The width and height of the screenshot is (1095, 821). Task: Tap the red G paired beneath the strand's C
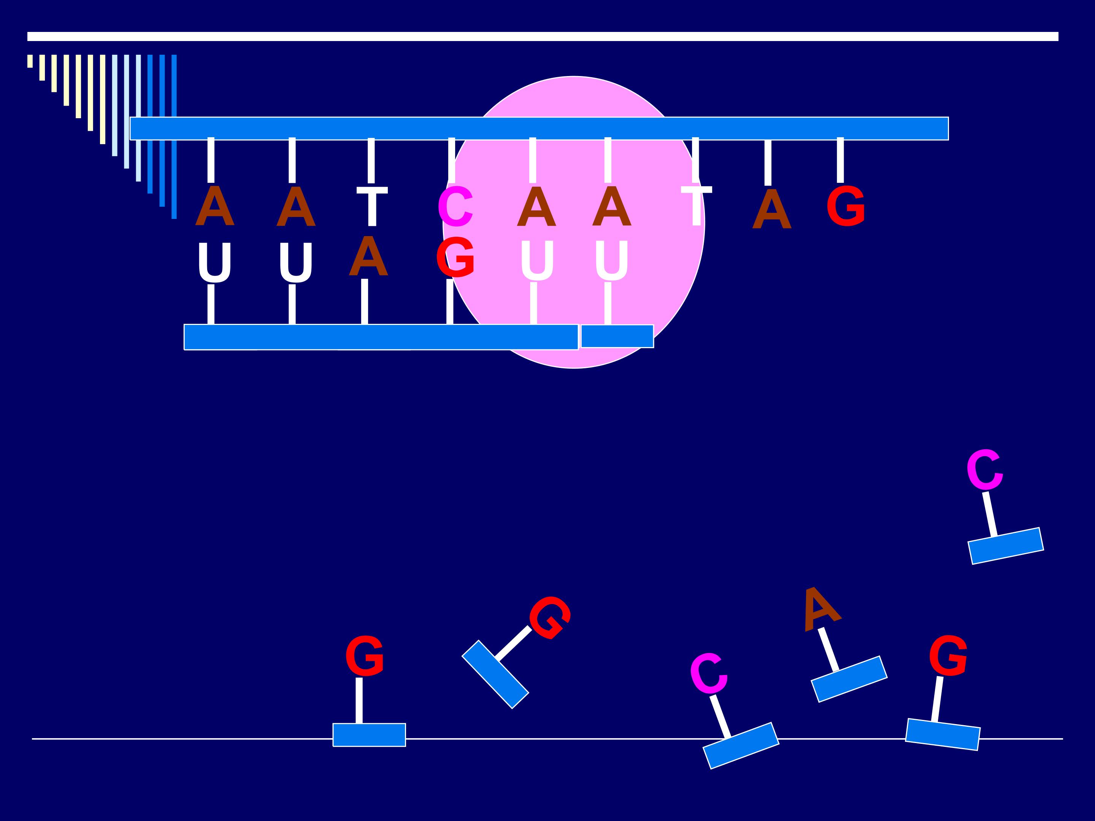tap(455, 257)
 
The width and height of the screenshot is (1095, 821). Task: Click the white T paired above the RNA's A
tap(372, 206)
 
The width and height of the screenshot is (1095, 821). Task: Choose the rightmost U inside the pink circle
tap(612, 261)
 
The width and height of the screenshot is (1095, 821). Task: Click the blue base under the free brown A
tap(849, 679)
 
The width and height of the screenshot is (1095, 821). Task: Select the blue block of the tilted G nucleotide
tap(495, 674)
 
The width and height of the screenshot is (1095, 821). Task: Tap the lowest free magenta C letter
tap(709, 673)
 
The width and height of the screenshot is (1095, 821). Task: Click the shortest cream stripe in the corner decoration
tap(30, 61)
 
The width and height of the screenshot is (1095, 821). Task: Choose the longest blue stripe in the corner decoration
tap(174, 136)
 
